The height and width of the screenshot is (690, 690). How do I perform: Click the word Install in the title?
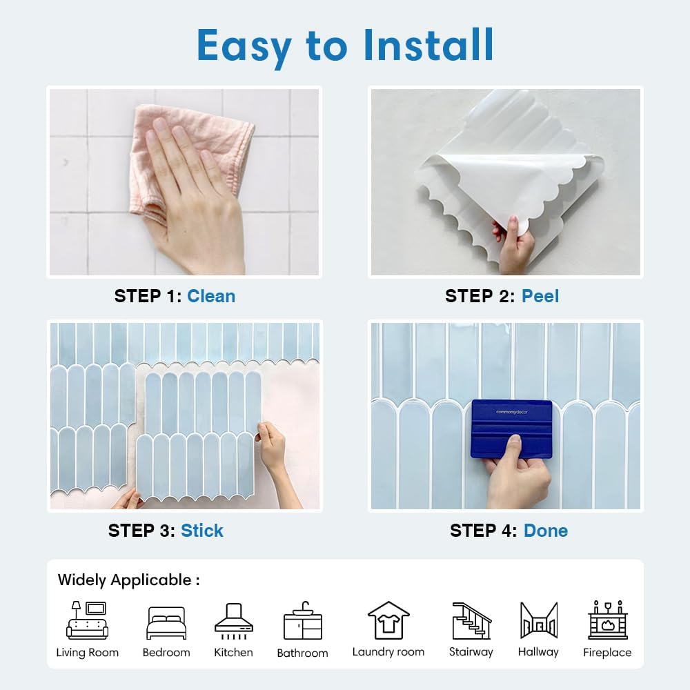(x=428, y=45)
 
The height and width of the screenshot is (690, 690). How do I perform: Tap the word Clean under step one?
(x=211, y=296)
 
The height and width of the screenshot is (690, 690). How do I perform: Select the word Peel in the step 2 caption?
(x=540, y=296)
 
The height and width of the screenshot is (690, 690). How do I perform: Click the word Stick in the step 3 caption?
(x=202, y=530)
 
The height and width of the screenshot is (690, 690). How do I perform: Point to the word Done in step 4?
(x=546, y=531)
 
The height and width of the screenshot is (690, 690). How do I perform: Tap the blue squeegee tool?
(x=511, y=429)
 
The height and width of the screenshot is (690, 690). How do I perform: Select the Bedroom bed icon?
(x=166, y=622)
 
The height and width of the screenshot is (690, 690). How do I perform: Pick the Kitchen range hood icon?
(x=234, y=621)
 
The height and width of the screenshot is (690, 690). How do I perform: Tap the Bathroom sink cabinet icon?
(x=303, y=621)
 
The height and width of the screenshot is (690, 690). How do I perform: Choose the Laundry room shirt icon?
(x=388, y=620)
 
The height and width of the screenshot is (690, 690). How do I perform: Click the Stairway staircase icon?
(x=472, y=621)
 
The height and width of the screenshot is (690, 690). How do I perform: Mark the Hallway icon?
(x=539, y=620)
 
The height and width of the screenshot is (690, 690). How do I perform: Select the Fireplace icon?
(x=608, y=620)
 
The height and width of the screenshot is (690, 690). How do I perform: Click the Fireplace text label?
(x=607, y=652)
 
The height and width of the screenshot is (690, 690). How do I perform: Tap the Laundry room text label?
(x=388, y=652)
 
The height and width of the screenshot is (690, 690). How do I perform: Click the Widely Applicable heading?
(x=128, y=580)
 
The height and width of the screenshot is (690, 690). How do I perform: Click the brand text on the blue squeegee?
(x=512, y=412)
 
